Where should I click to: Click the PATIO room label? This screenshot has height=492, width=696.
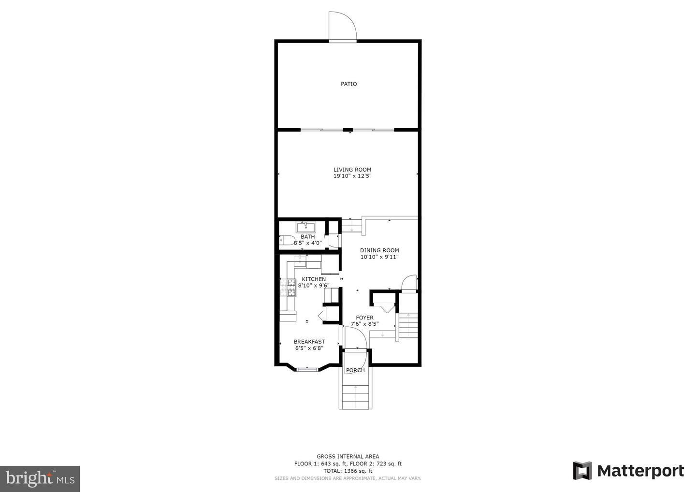pos(348,84)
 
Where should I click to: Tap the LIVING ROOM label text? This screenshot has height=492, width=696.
pos(352,170)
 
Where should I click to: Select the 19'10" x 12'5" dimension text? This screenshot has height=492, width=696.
pos(352,176)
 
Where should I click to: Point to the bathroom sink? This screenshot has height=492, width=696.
pos(306,227)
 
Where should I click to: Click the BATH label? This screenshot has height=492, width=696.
pos(307,237)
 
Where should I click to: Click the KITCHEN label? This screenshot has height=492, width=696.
pos(314,279)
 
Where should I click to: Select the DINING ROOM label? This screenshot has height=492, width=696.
pos(379,250)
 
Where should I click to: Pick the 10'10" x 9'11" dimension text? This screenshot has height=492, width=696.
pos(379,257)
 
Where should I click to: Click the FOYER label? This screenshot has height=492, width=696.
pos(364,318)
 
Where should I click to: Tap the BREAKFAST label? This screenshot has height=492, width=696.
pos(309,342)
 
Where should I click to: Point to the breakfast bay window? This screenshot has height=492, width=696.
pos(307,369)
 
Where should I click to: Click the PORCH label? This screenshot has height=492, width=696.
pos(355,370)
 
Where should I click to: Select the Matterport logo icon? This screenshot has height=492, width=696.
pos(582,471)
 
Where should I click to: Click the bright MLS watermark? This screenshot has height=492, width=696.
pos(40,478)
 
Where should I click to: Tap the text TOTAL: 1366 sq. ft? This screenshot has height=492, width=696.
pos(348,471)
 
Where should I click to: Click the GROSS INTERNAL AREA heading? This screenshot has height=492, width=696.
pos(348,457)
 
